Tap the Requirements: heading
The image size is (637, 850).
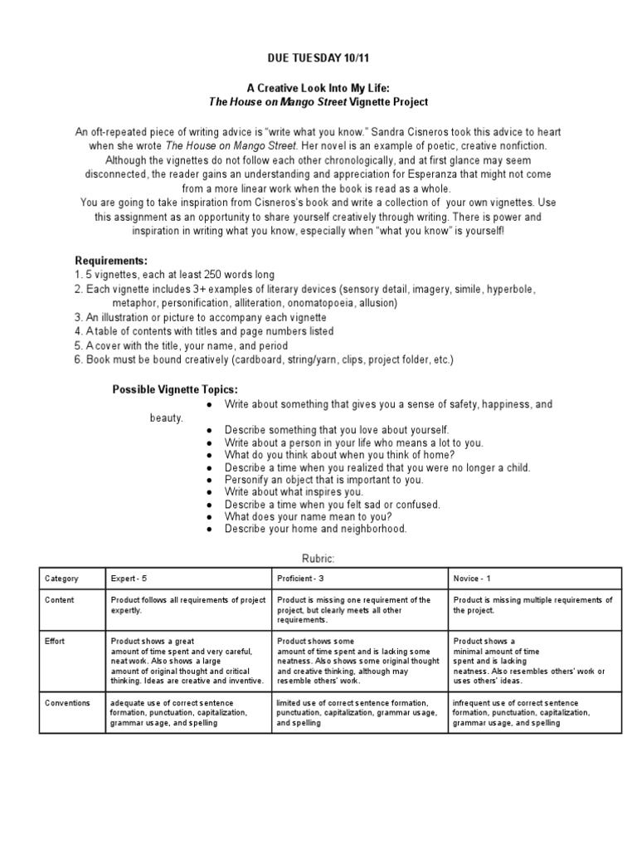(111, 261)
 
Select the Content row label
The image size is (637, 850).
(60, 600)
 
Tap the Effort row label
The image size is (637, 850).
(56, 641)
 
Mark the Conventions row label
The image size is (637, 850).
(68, 703)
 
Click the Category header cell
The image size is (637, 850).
(63, 578)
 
